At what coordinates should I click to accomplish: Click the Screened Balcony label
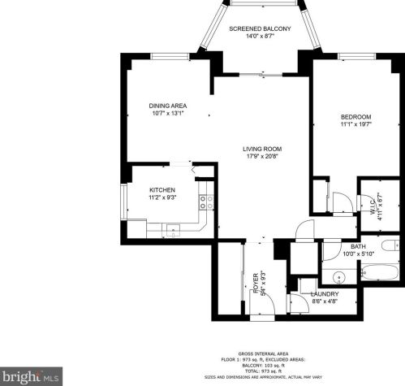259,29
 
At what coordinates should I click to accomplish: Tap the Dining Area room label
168,106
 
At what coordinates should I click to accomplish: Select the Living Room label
261,149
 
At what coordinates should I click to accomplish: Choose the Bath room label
358,246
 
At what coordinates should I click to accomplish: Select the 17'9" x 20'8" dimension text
261,157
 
